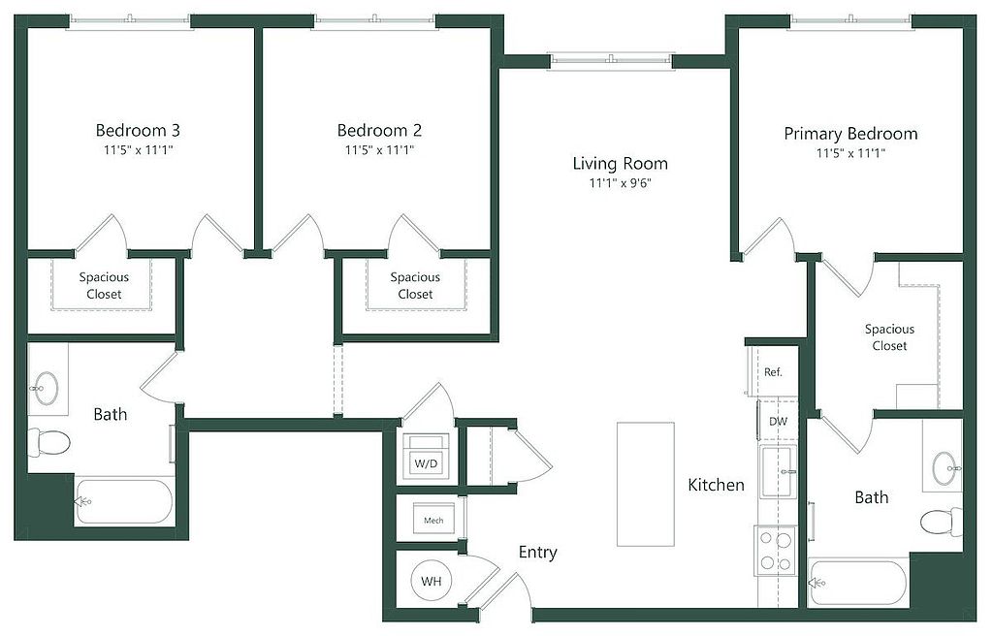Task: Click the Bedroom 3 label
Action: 138,131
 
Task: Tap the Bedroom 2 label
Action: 379,131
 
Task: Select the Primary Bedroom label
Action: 850,134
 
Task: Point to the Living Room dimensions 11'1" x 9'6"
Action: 620,183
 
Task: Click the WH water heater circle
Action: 432,581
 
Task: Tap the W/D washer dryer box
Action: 426,456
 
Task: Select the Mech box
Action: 433,520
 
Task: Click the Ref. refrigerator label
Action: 773,372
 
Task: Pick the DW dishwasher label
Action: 778,422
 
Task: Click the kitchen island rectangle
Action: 645,484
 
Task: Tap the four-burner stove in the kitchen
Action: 776,551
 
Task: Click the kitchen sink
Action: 779,472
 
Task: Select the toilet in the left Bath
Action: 48,443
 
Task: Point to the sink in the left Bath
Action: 46,387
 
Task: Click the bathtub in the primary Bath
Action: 858,582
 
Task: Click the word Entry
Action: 537,553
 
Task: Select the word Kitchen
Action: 717,485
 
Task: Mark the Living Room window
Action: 611,61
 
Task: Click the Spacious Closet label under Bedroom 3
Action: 104,286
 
